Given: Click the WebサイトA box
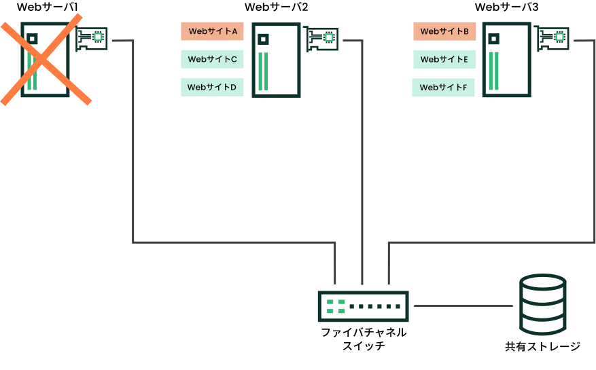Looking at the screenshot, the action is tap(212, 31).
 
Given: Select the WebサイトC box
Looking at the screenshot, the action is tap(212, 59).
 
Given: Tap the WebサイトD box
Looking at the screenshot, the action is tap(212, 88).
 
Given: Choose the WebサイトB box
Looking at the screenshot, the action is tap(444, 31).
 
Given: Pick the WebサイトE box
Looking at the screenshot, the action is tap(444, 59).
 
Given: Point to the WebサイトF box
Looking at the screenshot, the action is tap(443, 88).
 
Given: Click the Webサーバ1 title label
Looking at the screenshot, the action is tap(48, 7).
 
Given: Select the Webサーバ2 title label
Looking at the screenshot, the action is tap(277, 7).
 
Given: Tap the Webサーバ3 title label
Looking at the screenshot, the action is tap(507, 7).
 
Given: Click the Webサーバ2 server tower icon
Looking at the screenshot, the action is tap(277, 60).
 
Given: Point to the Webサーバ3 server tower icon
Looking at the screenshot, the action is tap(507, 60).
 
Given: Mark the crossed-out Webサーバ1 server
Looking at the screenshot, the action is tap(46, 60).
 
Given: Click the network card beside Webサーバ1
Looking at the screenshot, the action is tap(92, 39).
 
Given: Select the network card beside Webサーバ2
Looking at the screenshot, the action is tap(322, 39).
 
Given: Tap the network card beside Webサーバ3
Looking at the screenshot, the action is tap(553, 38).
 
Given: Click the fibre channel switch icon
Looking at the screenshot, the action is tap(364, 307).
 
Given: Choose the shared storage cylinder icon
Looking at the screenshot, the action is tap(543, 304).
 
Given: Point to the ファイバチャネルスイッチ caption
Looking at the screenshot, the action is tap(364, 339).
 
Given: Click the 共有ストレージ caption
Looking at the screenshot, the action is tap(543, 346).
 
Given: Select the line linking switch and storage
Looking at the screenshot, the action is tap(463, 306).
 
